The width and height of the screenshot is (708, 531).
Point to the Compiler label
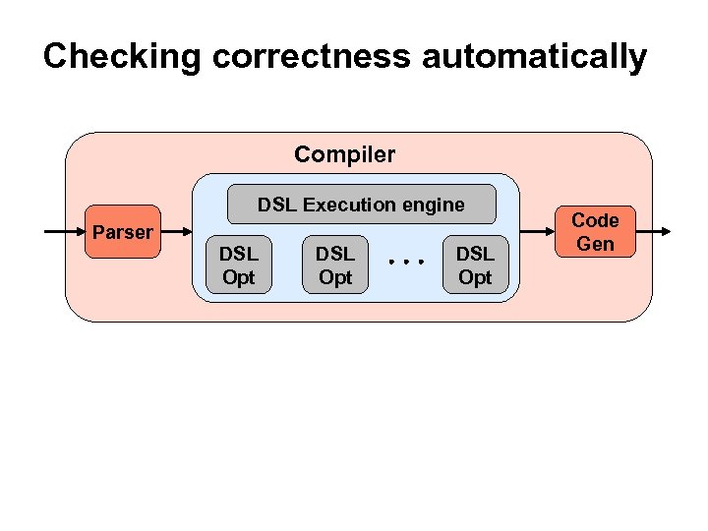tap(344, 154)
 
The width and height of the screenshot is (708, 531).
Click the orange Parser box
tap(122, 233)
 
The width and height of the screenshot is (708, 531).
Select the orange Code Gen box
tap(595, 232)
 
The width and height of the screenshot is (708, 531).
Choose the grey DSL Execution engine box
tap(361, 205)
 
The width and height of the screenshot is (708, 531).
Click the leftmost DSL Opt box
tap(238, 265)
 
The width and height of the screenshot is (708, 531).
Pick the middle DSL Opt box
tap(334, 265)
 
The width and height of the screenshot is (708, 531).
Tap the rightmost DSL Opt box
tap(475, 265)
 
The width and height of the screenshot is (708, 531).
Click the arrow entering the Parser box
tap(65, 232)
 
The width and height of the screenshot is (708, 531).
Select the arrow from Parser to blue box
tap(177, 232)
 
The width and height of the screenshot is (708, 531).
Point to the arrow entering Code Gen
tap(536, 232)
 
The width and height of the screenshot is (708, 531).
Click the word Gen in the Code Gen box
tap(595, 244)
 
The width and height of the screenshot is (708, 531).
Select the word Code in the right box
tap(595, 220)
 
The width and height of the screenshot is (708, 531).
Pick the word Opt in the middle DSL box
tap(334, 277)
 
